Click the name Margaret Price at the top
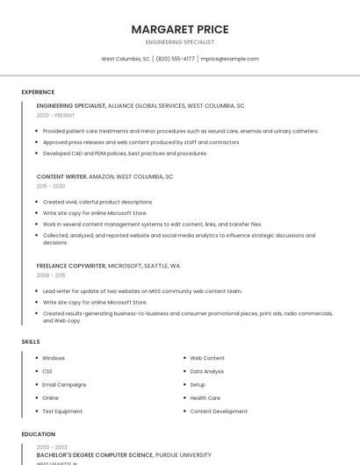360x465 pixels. (x=179, y=29)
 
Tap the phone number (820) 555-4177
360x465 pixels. (x=176, y=59)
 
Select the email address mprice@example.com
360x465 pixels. (x=229, y=59)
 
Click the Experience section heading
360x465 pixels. (x=38, y=92)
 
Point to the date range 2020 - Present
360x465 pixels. (x=55, y=115)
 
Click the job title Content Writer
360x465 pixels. (x=61, y=176)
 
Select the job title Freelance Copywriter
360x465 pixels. (x=71, y=265)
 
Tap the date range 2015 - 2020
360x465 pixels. (x=51, y=186)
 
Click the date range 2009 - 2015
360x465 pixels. (x=51, y=275)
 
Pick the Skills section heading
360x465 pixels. (x=31, y=341)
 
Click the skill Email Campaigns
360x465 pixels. (x=64, y=384)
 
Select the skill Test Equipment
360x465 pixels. (x=62, y=411)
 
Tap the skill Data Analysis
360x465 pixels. (x=207, y=371)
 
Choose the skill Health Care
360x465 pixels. (x=205, y=397)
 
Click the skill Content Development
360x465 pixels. (x=219, y=411)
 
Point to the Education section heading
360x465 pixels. (x=39, y=434)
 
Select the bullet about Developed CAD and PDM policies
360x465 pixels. (x=125, y=154)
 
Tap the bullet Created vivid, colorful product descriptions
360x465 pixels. (x=97, y=202)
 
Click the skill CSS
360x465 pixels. (x=47, y=371)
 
